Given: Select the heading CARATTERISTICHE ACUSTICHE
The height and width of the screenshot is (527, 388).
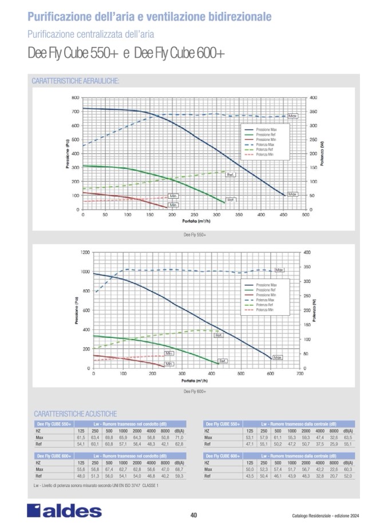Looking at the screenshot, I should (x=76, y=413).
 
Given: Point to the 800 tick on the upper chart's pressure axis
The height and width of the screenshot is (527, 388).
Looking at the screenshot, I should (x=75, y=97).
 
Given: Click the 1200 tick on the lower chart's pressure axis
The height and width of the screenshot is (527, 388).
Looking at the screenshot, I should (x=84, y=252).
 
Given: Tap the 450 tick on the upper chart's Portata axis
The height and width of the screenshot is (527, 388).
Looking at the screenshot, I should (x=283, y=215).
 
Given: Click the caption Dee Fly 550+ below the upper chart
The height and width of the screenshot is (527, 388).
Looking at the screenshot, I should (x=194, y=234).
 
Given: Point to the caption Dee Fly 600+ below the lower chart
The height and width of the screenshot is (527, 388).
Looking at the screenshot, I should (x=194, y=392).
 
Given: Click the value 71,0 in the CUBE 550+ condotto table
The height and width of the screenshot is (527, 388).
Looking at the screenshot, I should (x=179, y=437).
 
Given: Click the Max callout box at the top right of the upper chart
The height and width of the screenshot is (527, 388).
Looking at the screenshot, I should (x=292, y=116).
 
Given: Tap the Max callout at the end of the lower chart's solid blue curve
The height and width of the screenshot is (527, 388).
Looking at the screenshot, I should (x=278, y=357).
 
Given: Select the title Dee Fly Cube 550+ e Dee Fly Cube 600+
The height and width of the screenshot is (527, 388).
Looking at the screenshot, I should (x=126, y=53).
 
